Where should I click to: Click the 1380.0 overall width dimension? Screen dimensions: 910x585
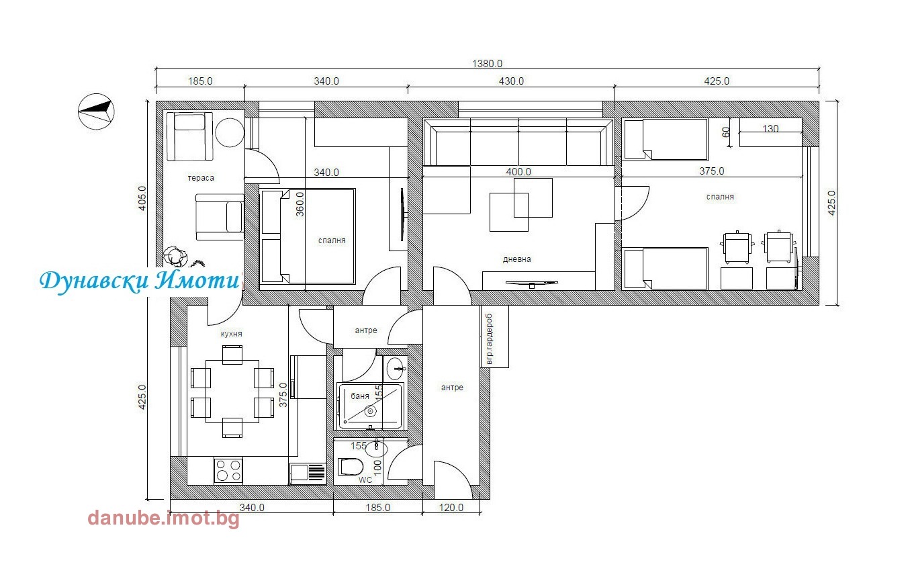click(487, 64)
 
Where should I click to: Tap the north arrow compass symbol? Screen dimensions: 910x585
click(96, 111)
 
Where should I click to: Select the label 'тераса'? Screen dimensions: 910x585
click(201, 178)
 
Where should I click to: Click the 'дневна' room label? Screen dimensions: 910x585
click(516, 259)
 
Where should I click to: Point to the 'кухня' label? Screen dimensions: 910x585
click(231, 334)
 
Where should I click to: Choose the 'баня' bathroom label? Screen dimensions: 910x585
click(360, 396)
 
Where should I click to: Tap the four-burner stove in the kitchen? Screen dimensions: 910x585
click(228, 470)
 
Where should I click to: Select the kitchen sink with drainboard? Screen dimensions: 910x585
click(308, 474)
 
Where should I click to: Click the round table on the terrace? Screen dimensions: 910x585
click(230, 132)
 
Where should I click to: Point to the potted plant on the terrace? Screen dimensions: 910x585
click(175, 257)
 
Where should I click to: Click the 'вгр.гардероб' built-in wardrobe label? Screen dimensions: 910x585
click(489, 339)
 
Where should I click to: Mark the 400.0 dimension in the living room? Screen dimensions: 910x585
click(518, 172)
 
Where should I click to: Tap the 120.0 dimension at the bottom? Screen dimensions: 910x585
click(451, 508)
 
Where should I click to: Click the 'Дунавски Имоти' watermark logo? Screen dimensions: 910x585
click(140, 281)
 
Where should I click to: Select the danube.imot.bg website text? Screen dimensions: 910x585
click(163, 518)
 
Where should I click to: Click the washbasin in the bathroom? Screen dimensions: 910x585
click(396, 369)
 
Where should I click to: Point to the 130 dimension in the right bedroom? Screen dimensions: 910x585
click(770, 129)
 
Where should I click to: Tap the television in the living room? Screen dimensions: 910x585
click(531, 283)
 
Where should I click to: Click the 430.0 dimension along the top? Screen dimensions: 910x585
click(511, 81)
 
